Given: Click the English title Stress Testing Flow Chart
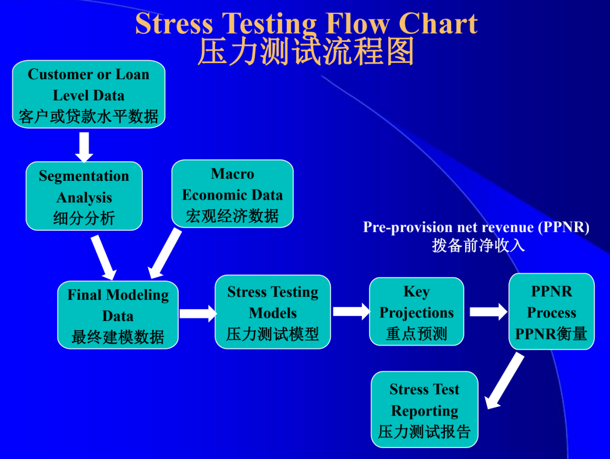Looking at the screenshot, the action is pos(307,24).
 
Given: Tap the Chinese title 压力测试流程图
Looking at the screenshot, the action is pos(306,52).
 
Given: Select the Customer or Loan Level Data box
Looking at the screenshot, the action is pos(89,94).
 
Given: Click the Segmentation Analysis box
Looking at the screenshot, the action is pos(84,196).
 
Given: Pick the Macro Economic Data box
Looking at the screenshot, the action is pos(233,194).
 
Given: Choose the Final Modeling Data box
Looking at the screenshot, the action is pos(118,315).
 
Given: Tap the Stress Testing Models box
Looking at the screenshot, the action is pos(273,312).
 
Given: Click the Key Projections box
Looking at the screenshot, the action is pos(416,311).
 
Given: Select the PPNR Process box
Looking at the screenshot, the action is pos(552,311).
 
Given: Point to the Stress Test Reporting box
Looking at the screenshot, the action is pos(425,409).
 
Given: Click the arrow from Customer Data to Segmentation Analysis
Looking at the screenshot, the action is pos(84,148).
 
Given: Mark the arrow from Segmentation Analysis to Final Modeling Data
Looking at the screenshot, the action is pos(104,257).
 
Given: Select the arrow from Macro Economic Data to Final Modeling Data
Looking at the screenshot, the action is pos(165,253).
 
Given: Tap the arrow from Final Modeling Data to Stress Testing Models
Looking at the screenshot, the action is pos(198,314).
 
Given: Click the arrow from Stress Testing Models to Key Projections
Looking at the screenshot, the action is pos(351,311).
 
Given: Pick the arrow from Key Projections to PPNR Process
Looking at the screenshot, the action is pos(489,312).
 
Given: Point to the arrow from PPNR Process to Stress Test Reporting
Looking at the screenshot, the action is pos(505,381).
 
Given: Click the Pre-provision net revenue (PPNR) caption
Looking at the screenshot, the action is pos(476,228).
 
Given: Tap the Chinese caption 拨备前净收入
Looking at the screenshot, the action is pos(478,245).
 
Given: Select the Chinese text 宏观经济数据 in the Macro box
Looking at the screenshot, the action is pos(233,216).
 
